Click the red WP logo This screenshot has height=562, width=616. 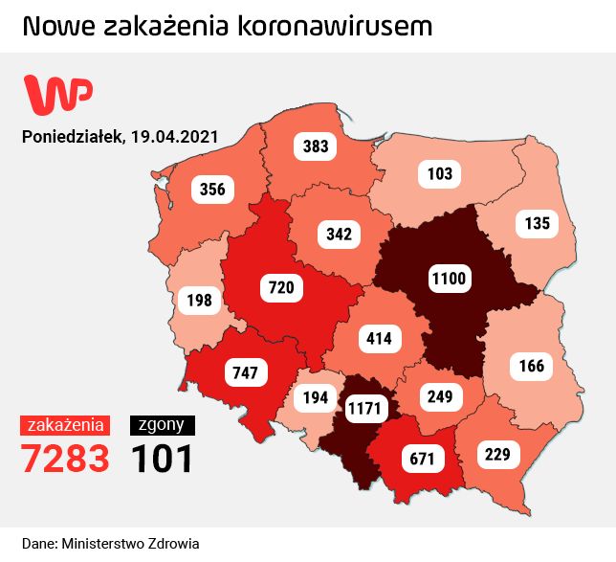pyautogui.click(x=57, y=93)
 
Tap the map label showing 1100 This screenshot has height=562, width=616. pyautogui.click(x=448, y=279)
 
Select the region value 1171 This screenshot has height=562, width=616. pyautogui.click(x=363, y=409)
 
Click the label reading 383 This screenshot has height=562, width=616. pyautogui.click(x=316, y=146)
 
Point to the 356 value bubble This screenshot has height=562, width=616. pyautogui.click(x=212, y=189)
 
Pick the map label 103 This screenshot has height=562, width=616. pyautogui.click(x=440, y=173)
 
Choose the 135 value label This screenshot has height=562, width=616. pyautogui.click(x=538, y=224)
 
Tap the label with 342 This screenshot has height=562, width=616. pyautogui.click(x=339, y=233)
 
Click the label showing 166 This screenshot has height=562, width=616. pyautogui.click(x=532, y=365)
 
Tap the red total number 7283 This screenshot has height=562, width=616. pyautogui.click(x=66, y=459)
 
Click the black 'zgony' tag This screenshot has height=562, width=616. pyautogui.click(x=163, y=425)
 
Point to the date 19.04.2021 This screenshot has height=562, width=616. pyautogui.click(x=173, y=136)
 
